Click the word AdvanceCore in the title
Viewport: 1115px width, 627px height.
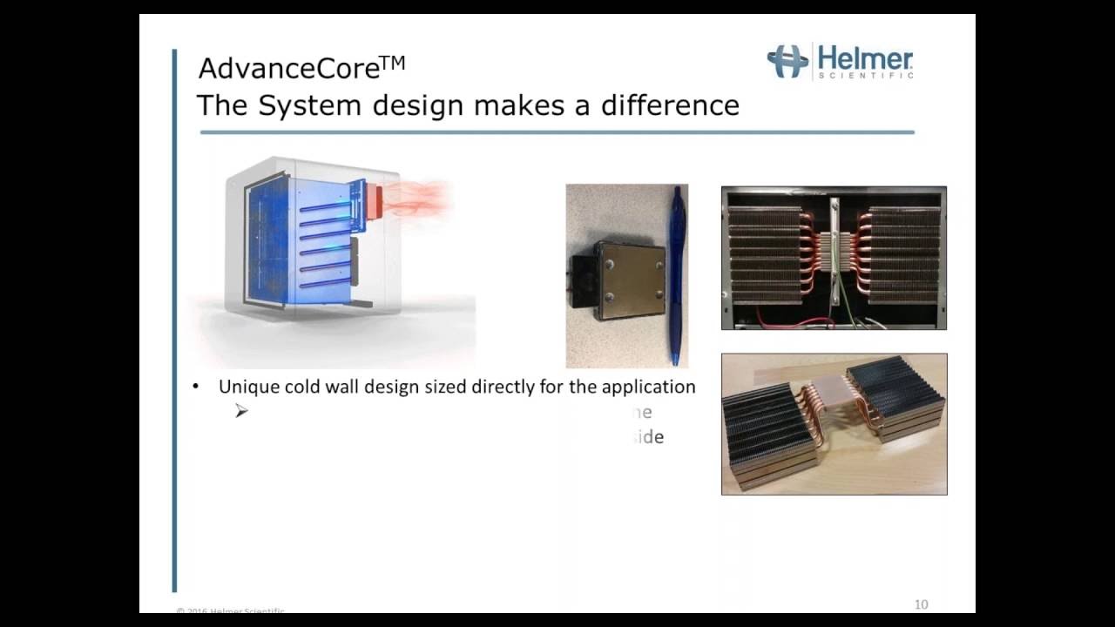point(288,68)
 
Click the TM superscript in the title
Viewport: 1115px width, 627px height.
point(392,63)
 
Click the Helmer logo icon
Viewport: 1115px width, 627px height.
point(787,62)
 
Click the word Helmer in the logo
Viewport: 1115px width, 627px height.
point(865,59)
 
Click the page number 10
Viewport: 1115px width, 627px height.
point(921,604)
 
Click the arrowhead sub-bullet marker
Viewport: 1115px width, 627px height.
point(241,411)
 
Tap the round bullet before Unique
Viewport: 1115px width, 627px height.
point(196,387)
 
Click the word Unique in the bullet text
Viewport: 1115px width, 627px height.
point(245,387)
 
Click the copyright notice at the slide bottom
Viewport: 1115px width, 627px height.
point(231,611)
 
